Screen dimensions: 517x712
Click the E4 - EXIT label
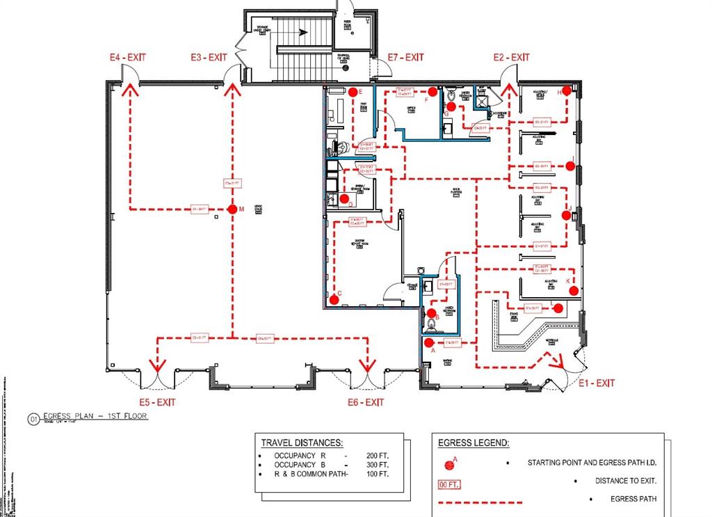(x=127, y=57)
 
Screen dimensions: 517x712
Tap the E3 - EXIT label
(x=209, y=57)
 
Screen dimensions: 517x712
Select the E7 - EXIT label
(x=405, y=57)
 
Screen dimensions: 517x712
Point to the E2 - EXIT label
(x=511, y=57)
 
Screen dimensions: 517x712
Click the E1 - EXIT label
(x=597, y=383)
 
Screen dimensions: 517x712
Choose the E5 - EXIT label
(x=157, y=402)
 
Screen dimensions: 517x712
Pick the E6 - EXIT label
(x=366, y=402)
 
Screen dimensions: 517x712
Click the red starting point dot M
(x=233, y=209)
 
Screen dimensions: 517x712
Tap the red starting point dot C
(x=334, y=300)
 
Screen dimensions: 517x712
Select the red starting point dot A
(x=429, y=342)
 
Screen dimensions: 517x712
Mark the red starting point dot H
(x=567, y=90)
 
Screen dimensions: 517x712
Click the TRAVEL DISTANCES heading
(x=301, y=443)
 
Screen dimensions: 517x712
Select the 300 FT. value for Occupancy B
(x=378, y=464)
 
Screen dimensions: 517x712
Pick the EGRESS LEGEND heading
(x=474, y=443)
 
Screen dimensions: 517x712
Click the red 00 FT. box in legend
(x=450, y=485)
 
